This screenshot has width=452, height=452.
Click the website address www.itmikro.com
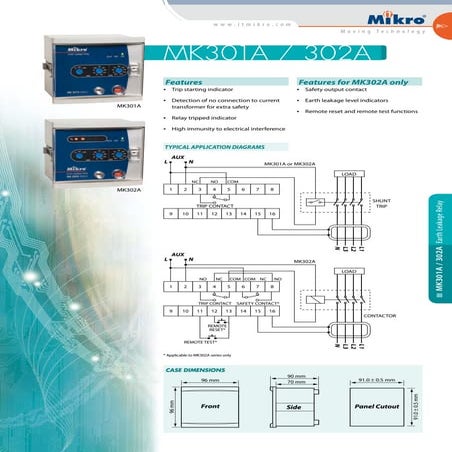click(253, 23)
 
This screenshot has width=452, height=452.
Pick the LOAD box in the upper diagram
click(349, 174)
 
